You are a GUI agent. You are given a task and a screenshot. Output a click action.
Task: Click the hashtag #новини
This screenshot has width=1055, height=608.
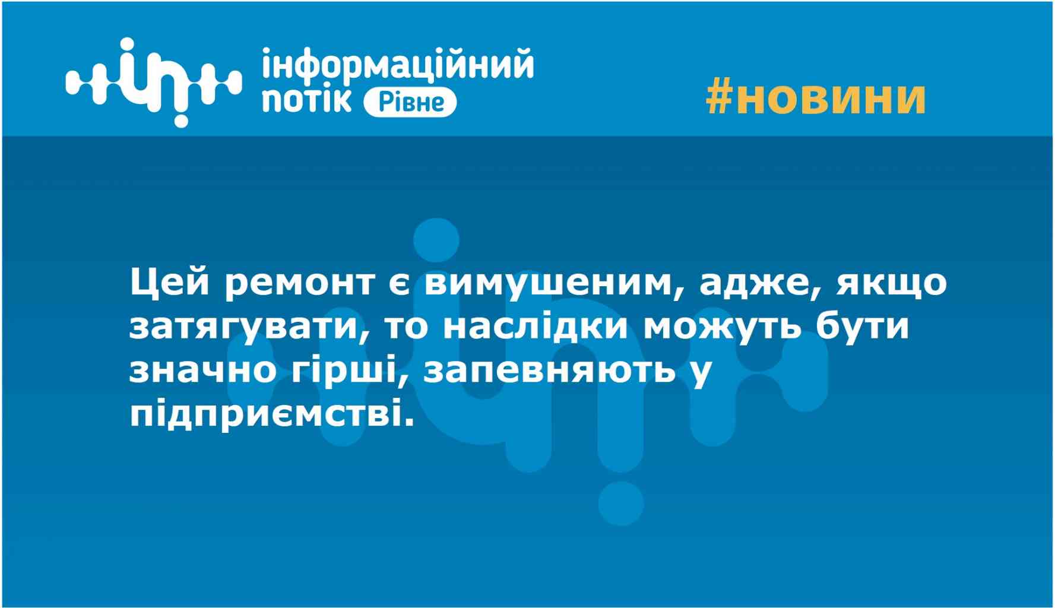click(816, 98)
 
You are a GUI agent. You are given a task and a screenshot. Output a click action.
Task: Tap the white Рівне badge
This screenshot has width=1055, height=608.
click(410, 102)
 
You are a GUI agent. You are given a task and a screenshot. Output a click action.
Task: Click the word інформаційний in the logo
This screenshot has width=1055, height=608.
click(398, 65)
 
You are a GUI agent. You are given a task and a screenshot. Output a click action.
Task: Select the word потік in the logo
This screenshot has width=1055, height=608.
click(306, 100)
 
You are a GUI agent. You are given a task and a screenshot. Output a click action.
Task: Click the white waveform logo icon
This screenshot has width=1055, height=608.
click(153, 81)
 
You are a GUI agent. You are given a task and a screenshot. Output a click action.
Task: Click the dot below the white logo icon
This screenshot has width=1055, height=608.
click(180, 119)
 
